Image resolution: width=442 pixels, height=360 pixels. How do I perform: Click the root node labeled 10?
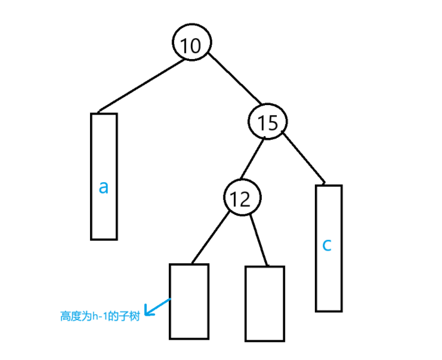tap(191, 44)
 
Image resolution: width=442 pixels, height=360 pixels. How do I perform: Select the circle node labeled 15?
tap(268, 122)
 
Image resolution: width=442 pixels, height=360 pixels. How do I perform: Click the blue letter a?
tap(104, 187)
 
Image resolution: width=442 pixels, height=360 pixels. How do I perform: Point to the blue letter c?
tap(327, 245)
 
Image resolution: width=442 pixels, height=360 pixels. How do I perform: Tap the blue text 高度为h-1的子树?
tap(100, 317)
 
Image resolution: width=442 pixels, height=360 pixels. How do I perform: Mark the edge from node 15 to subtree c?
tap(304, 158)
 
